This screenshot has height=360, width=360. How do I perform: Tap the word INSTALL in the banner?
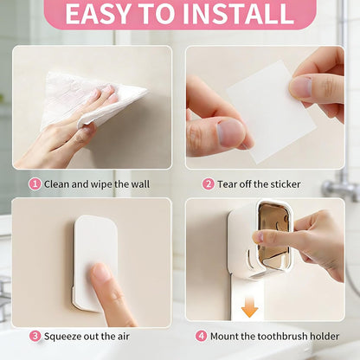click(x=238, y=14)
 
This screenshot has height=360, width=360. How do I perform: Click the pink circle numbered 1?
click(x=35, y=184)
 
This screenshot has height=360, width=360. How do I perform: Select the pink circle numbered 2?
click(x=208, y=184)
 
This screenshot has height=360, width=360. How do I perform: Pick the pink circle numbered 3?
click(x=35, y=337)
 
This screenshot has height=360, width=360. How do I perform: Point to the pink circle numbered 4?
click(x=201, y=337)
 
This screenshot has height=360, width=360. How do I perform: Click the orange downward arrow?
click(x=249, y=307)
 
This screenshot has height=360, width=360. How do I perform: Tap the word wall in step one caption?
click(x=140, y=184)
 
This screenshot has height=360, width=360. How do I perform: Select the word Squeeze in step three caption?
click(x=62, y=337)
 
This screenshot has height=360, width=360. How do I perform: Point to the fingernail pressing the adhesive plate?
click(x=100, y=273)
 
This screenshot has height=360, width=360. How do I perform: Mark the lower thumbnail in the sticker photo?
click(x=231, y=134)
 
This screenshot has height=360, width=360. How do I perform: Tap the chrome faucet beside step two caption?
click(x=340, y=184)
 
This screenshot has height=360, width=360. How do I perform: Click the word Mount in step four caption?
click(x=224, y=337)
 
